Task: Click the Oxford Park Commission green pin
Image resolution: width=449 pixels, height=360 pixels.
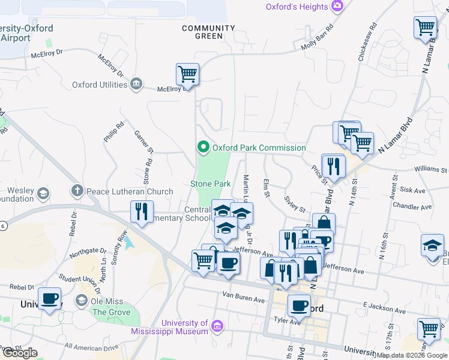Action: point(203,147)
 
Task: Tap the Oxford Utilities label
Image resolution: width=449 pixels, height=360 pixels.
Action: point(100,85)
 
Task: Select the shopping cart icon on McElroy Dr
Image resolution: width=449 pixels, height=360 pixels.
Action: point(187,75)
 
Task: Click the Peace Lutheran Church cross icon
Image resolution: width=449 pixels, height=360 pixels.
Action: point(77,191)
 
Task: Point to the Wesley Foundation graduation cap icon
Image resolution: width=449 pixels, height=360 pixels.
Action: point(43,193)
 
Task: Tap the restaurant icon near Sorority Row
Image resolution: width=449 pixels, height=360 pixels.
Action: point(142,211)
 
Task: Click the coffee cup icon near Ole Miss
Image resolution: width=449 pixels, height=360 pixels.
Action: point(49,298)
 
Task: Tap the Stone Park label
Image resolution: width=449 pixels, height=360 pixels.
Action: point(211,184)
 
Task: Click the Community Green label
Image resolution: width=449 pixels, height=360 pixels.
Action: point(200,32)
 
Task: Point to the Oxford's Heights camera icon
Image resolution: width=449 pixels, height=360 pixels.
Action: point(337,7)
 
